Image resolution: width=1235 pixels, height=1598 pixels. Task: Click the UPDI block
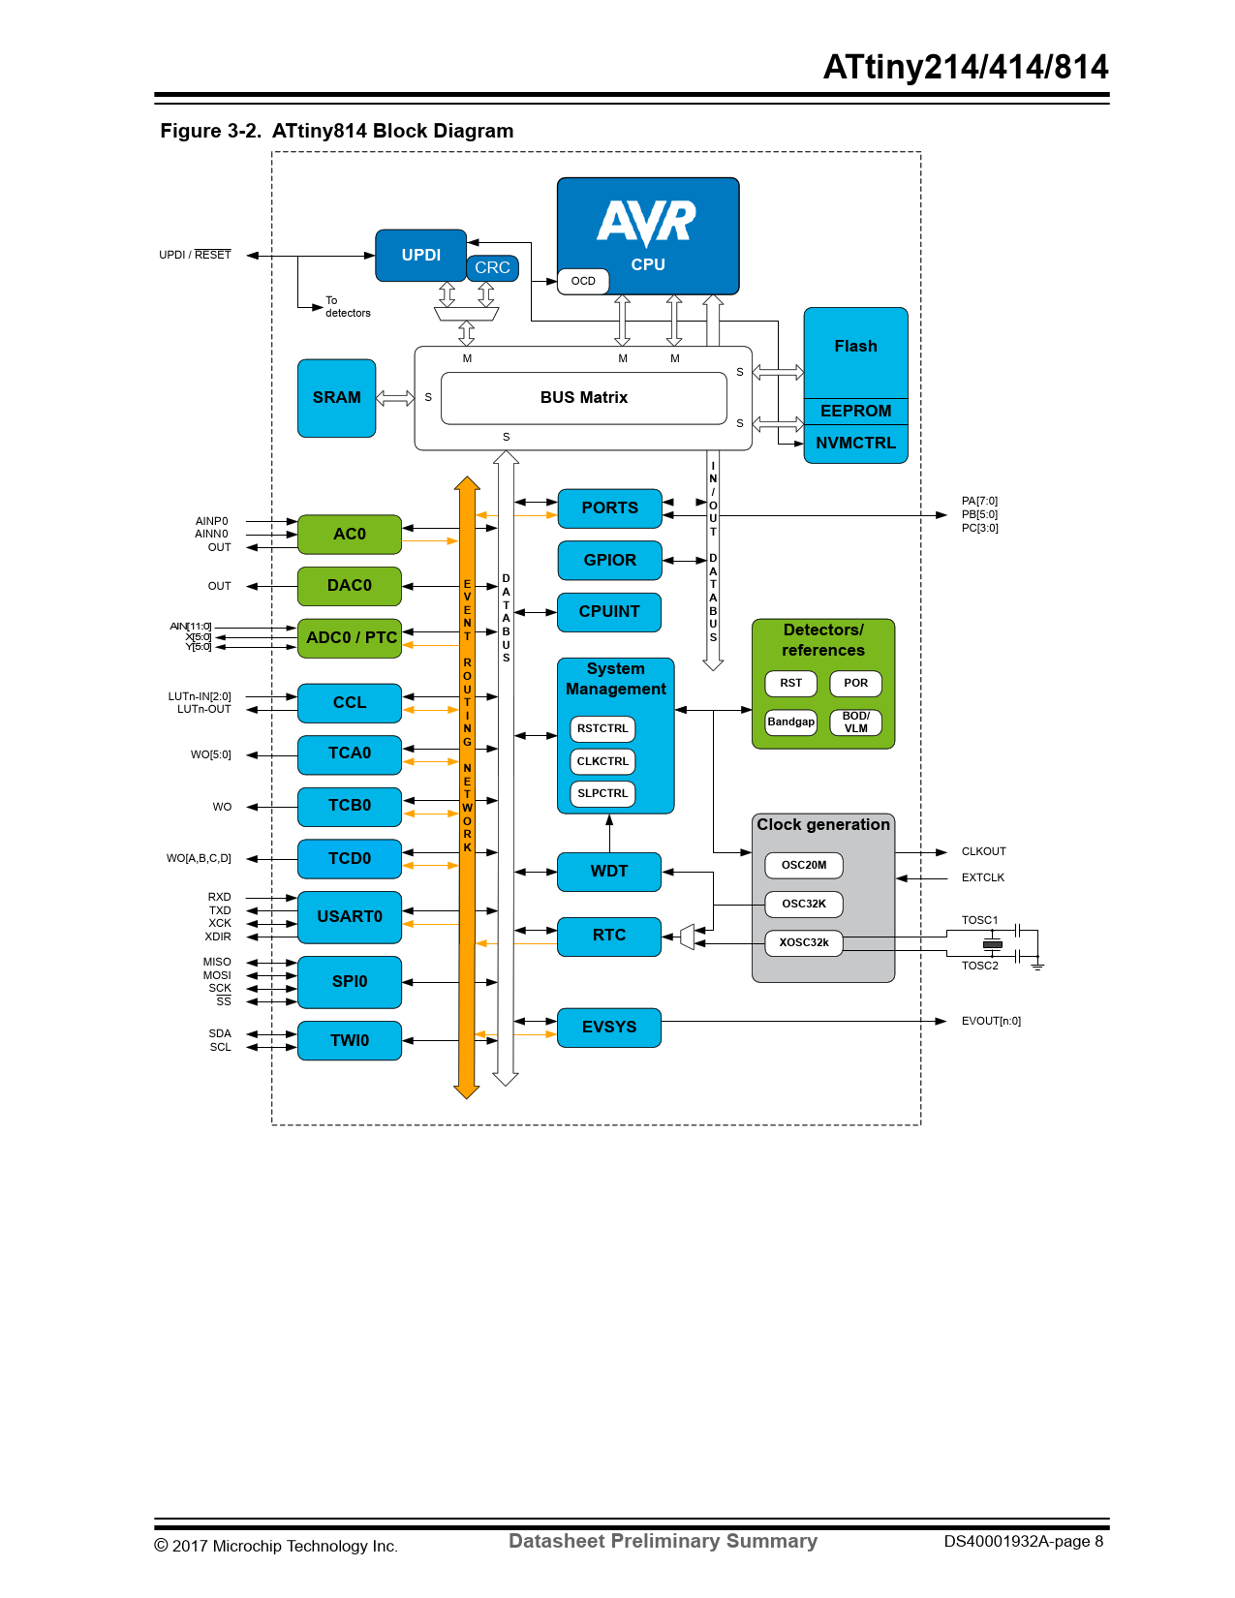click(x=420, y=255)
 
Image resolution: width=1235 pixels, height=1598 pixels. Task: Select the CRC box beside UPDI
click(x=492, y=267)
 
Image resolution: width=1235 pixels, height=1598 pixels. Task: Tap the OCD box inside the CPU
click(x=583, y=281)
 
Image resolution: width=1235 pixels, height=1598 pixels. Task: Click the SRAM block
click(x=336, y=398)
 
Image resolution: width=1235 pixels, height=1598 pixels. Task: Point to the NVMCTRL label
click(x=855, y=444)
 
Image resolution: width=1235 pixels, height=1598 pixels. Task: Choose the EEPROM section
click(x=855, y=411)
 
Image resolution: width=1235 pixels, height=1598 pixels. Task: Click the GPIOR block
click(x=609, y=560)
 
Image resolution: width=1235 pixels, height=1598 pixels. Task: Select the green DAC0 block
click(x=349, y=586)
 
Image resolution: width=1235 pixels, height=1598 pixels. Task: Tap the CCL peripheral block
click(x=349, y=703)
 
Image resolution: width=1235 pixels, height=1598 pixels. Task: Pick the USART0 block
click(x=349, y=916)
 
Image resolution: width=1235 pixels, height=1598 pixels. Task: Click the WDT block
click(x=609, y=872)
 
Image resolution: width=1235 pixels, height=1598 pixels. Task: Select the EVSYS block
click(x=609, y=1028)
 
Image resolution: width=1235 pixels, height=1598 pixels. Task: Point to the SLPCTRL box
click(x=602, y=793)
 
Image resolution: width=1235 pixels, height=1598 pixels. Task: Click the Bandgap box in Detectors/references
click(x=790, y=722)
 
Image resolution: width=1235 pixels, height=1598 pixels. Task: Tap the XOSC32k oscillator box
click(x=804, y=942)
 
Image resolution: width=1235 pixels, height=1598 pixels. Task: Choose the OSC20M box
click(x=804, y=865)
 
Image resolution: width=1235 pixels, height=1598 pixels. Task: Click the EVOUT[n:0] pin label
click(x=991, y=1021)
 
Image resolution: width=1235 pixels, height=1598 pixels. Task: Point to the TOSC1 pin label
click(x=979, y=920)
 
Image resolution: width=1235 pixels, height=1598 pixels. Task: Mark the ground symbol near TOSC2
click(x=1037, y=966)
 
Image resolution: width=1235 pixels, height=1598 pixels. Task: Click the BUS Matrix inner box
click(x=583, y=398)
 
